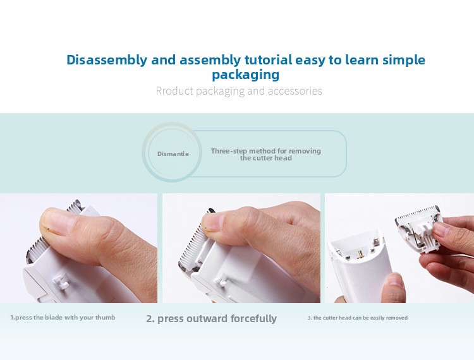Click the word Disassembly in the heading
(x=107, y=60)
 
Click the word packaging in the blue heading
(x=245, y=75)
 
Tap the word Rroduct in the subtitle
(x=174, y=90)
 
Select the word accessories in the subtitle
(x=295, y=90)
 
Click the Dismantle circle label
(x=173, y=153)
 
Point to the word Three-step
(x=229, y=151)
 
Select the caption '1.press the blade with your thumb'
(x=63, y=318)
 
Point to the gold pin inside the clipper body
(x=360, y=255)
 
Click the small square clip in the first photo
(x=61, y=282)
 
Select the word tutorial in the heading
(x=268, y=60)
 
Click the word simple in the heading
(x=404, y=60)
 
